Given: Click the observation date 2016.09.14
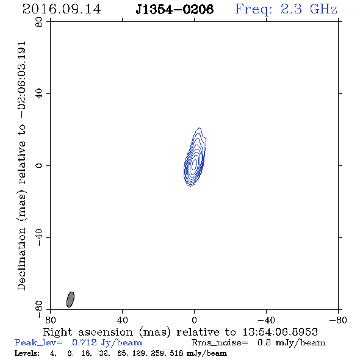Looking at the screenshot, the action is (x=62, y=9).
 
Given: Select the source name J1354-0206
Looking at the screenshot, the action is (x=175, y=10).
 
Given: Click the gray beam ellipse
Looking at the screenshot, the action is (x=70, y=300).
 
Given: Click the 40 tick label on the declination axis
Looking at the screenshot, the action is (x=39, y=94).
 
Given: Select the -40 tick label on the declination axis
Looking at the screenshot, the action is (x=39, y=237).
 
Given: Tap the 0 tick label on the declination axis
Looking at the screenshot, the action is (x=39, y=165).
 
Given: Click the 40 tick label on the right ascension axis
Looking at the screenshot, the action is (x=122, y=320).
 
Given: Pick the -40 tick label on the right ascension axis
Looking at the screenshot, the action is (x=266, y=320).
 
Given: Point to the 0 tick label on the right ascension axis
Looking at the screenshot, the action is (x=194, y=320).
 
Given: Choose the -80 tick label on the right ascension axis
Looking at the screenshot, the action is (x=338, y=320).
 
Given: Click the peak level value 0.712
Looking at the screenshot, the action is (x=84, y=342).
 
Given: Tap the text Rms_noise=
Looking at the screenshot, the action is (x=220, y=342).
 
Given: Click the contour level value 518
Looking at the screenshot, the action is (x=176, y=353).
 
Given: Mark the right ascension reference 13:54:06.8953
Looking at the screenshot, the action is (x=280, y=332).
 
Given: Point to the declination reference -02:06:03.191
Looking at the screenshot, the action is (x=22, y=80).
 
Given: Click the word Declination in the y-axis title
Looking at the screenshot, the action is (x=22, y=259).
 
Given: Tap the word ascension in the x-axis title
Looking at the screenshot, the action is (x=106, y=332).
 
